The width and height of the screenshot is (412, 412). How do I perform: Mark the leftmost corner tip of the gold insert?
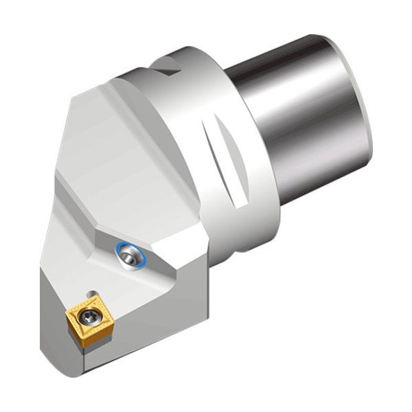click(67, 317)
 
